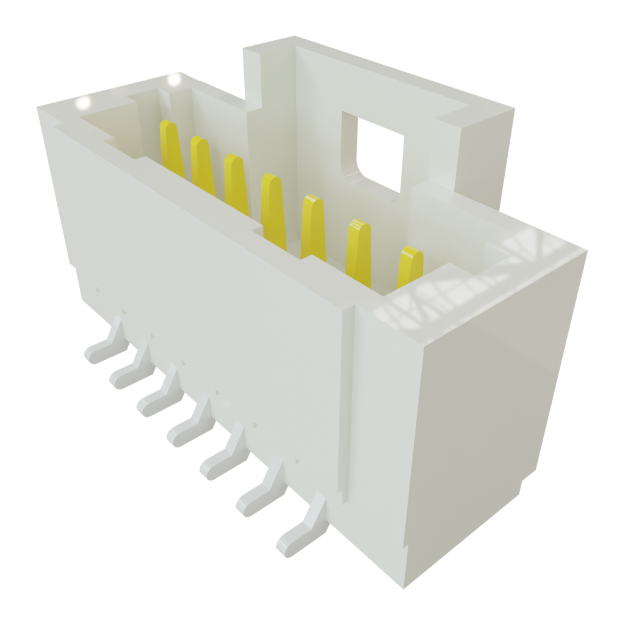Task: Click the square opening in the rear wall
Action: pyautogui.click(x=380, y=153)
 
